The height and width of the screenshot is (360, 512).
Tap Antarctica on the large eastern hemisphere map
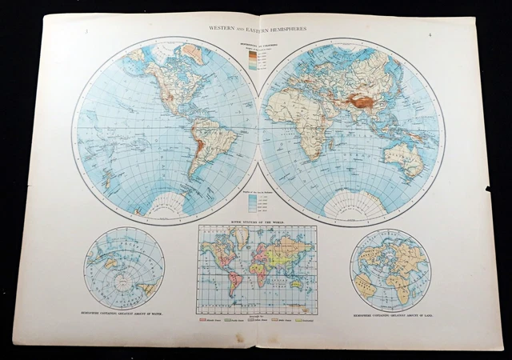pyautogui.click(x=352, y=206)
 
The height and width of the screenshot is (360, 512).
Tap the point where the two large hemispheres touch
pyautogui.click(x=258, y=129)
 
